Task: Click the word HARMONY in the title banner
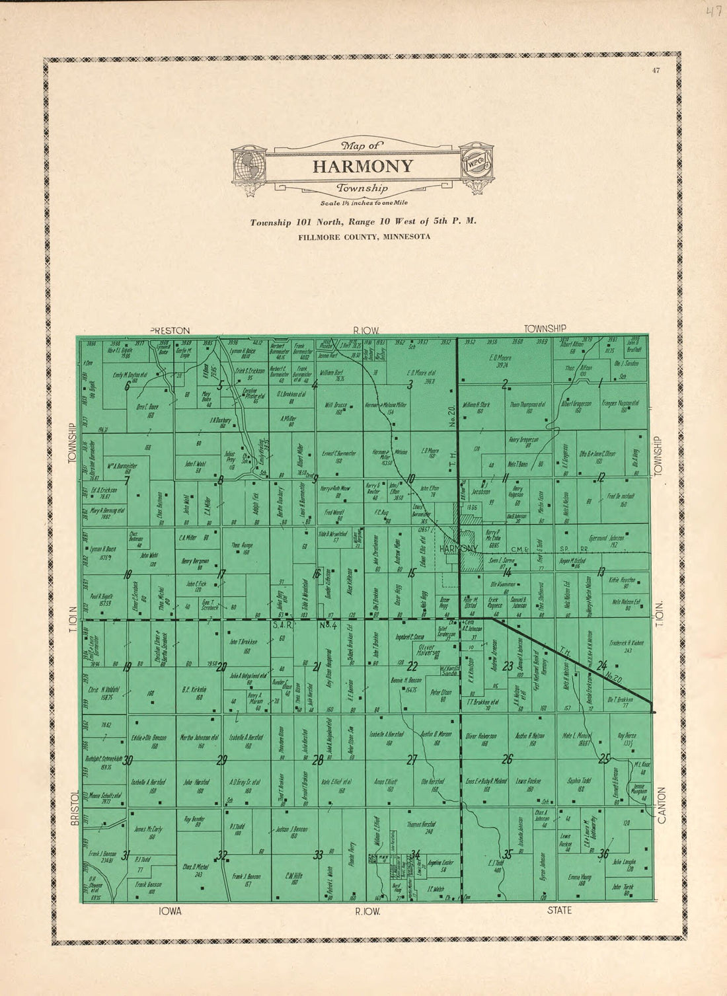coord(363,166)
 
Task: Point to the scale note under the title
coord(363,203)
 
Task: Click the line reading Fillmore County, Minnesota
coord(363,236)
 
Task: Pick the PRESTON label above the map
coord(170,330)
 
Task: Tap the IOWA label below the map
coord(170,911)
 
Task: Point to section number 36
coord(603,853)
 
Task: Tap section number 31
coord(126,853)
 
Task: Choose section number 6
coord(126,387)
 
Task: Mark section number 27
coord(412,760)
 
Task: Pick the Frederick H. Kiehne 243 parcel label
coord(627,646)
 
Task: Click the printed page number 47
coord(655,69)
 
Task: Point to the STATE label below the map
coord(559,911)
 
